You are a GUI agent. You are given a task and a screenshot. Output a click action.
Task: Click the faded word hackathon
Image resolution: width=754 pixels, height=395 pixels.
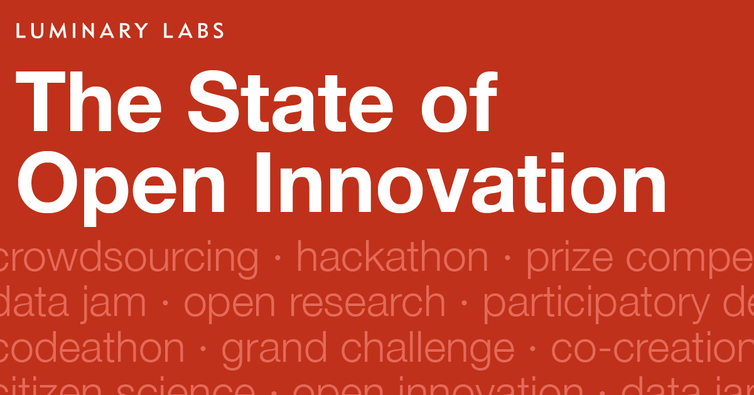coord(392,257)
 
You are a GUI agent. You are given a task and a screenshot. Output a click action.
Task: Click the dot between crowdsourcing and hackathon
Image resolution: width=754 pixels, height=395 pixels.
coord(277,260)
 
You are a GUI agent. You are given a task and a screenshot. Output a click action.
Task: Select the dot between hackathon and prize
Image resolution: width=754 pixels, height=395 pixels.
coord(507,260)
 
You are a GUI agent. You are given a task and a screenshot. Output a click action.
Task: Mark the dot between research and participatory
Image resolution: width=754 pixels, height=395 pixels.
coord(464,305)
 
